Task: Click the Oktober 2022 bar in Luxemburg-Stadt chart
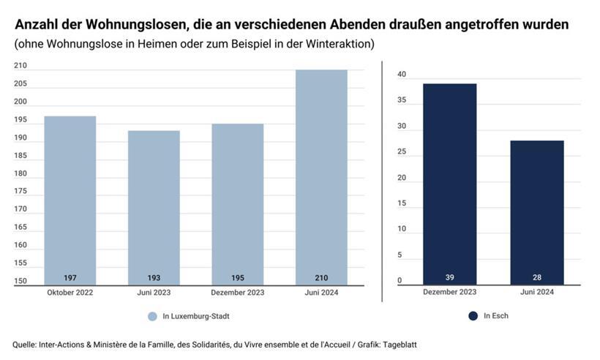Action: pyautogui.click(x=70, y=198)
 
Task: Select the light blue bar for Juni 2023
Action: pyautogui.click(x=154, y=205)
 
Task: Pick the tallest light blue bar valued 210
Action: pyautogui.click(x=321, y=176)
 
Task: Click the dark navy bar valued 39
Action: pyautogui.click(x=449, y=183)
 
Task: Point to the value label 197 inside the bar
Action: pyautogui.click(x=70, y=278)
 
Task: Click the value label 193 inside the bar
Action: pyautogui.click(x=154, y=278)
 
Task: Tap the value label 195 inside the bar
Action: pyautogui.click(x=238, y=278)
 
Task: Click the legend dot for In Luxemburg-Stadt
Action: pyautogui.click(x=152, y=316)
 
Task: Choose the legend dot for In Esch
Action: pyautogui.click(x=473, y=316)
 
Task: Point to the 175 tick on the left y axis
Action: pyautogui.click(x=20, y=192)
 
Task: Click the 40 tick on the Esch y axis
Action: pyautogui.click(x=401, y=75)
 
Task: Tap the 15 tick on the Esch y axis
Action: pyautogui.click(x=401, y=203)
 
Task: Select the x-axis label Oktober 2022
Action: pyautogui.click(x=70, y=293)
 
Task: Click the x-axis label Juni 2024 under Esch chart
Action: pyautogui.click(x=537, y=293)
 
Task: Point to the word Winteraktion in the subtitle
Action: pyautogui.click(x=341, y=44)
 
